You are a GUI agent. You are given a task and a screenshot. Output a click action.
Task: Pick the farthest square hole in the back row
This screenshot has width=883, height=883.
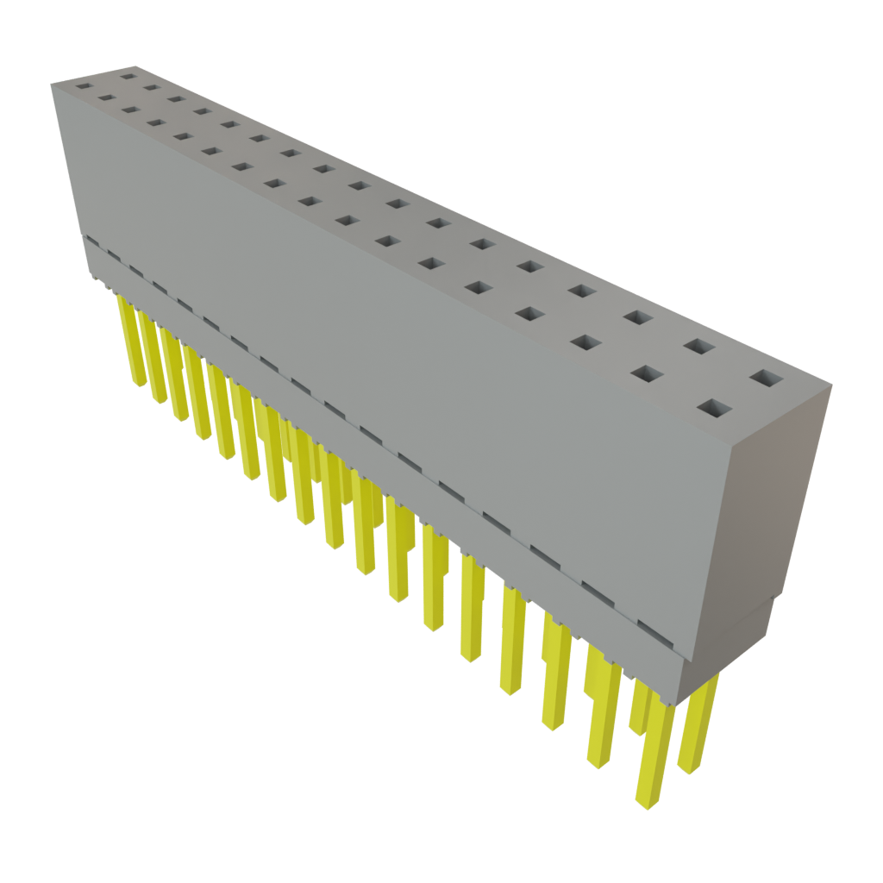(x=129, y=76)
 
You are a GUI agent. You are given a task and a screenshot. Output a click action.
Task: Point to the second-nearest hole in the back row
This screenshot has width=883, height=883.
(x=699, y=347)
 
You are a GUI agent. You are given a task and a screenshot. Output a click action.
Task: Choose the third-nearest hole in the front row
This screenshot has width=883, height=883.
(x=586, y=343)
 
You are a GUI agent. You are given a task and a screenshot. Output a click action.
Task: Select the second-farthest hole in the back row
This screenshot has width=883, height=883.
(x=152, y=87)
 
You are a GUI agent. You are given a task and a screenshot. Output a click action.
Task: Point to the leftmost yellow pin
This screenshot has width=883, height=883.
(x=134, y=345)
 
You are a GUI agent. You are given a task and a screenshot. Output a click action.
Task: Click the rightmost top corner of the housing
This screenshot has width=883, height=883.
(x=833, y=385)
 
